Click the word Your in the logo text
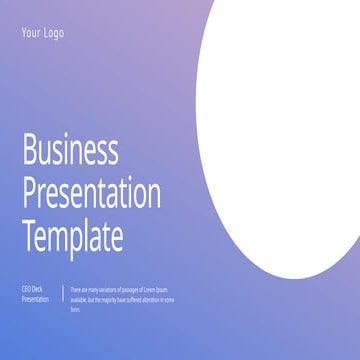[x=30, y=33]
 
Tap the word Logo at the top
[x=52, y=33]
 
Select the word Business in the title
[x=70, y=152]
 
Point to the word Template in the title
[x=73, y=236]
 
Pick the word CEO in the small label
[x=26, y=289]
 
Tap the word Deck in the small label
[x=39, y=289]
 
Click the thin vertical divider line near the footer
[x=63, y=294]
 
